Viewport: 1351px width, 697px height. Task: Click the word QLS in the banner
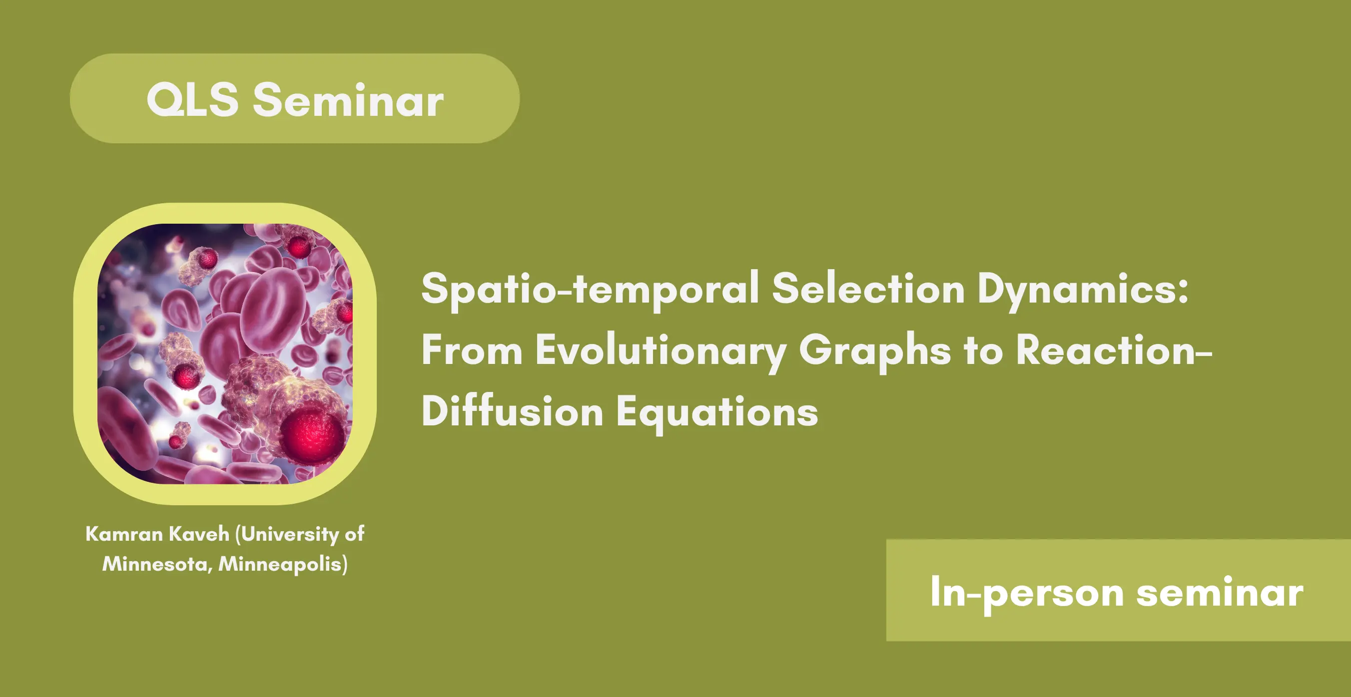pos(192,99)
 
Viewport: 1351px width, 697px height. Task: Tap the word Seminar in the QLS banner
pos(348,99)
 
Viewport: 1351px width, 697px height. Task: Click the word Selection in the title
pos(868,288)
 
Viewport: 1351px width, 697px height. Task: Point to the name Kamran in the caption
pos(124,534)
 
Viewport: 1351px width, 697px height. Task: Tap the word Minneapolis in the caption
pos(283,564)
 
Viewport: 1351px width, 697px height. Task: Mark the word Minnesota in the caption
pos(157,564)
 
